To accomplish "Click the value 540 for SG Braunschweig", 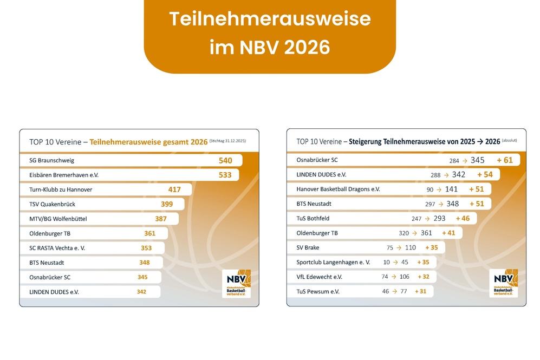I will pos(225,161).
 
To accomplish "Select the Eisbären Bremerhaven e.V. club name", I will pos(64,175).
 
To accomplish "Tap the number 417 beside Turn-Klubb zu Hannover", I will pos(174,190).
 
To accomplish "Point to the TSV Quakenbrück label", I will pos(52,205).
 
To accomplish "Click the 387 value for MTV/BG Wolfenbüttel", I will pos(161,219).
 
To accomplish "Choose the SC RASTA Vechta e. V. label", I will pos(57,248).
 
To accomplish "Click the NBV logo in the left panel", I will pos(236,283).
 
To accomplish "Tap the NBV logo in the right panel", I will pos(503,283).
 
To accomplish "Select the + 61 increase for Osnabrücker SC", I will pos(504,160).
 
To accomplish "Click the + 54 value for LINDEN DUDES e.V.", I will pos(485,175).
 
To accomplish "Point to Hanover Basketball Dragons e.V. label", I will pos(338,189).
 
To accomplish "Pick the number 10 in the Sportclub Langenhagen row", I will pos(386,263).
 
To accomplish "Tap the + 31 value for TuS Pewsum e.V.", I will pos(420,292).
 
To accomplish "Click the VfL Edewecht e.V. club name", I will pos(319,277).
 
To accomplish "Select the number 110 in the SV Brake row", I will pos(411,248).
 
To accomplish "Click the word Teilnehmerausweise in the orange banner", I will pos(270,19).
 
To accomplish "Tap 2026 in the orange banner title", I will pos(307,47).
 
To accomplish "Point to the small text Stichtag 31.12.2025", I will pos(227,141).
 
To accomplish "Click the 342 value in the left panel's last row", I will pos(141,292).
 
